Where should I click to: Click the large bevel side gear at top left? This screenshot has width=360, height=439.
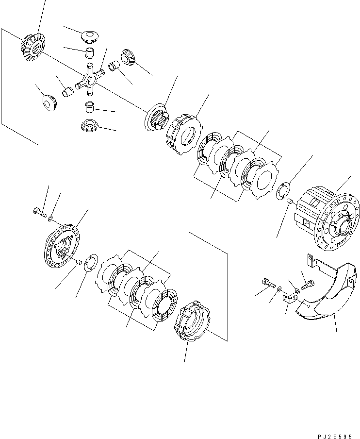point(32,47)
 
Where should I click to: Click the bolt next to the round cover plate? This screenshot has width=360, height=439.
point(39,211)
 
